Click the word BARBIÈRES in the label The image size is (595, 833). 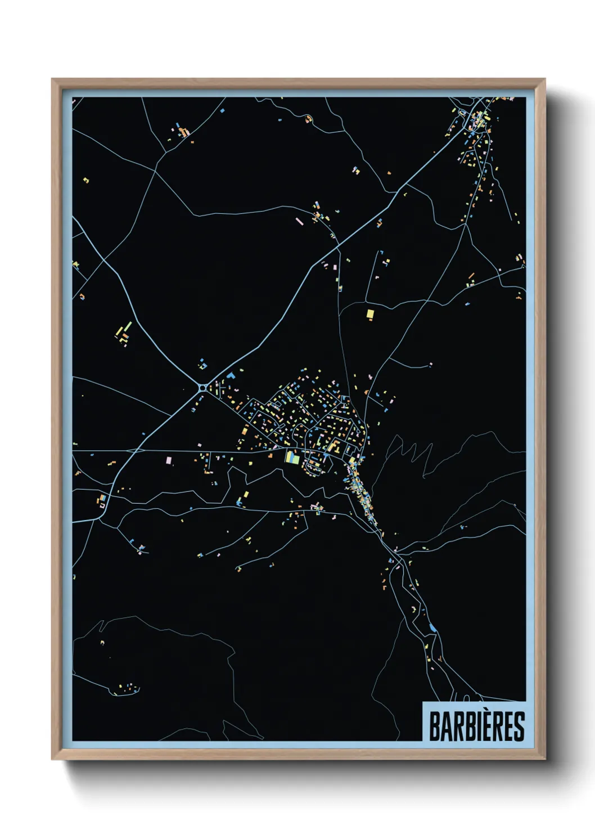[476, 726]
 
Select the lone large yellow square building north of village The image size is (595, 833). [370, 314]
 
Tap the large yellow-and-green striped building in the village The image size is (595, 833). [292, 457]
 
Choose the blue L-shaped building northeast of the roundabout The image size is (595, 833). [230, 375]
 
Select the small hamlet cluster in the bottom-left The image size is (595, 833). [128, 689]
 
